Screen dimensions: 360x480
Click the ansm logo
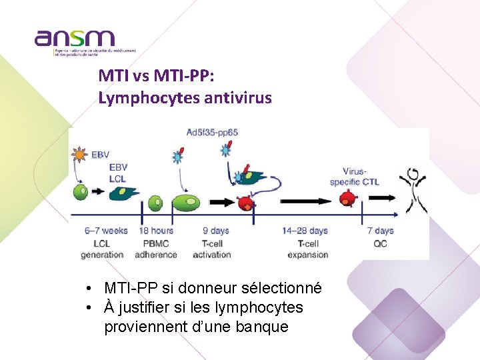[x=75, y=41]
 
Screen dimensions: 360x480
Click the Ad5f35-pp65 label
[x=212, y=132]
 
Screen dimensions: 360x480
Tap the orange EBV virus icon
[x=79, y=155]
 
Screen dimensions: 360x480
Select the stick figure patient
[x=413, y=189]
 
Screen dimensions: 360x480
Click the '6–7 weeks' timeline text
[x=105, y=231]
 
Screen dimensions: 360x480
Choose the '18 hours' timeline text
[x=156, y=231]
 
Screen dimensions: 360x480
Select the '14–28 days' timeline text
[x=305, y=231]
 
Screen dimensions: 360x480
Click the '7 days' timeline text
[x=380, y=231]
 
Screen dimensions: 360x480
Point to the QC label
[x=380, y=243]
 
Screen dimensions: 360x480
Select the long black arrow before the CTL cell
[x=304, y=200]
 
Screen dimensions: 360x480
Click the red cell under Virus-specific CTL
[x=347, y=198]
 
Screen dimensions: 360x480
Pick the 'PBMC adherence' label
[x=156, y=249]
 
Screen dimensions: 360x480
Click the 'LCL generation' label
[x=102, y=249]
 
